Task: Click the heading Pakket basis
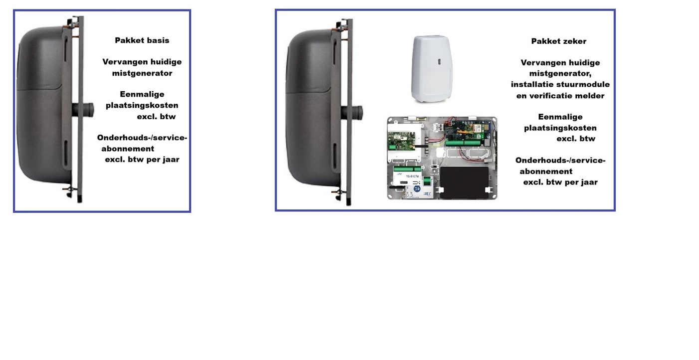point(142,40)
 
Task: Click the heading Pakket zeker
point(558,41)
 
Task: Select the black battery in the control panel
point(464,182)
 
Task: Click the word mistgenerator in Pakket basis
point(142,73)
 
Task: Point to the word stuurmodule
point(587,84)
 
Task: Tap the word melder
point(589,95)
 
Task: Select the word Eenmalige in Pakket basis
point(142,94)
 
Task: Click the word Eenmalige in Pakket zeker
point(560,117)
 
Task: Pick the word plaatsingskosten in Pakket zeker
point(560,128)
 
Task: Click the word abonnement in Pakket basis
point(128,149)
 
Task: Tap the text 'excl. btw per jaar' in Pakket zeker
point(560,182)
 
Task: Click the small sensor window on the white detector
point(440,62)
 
